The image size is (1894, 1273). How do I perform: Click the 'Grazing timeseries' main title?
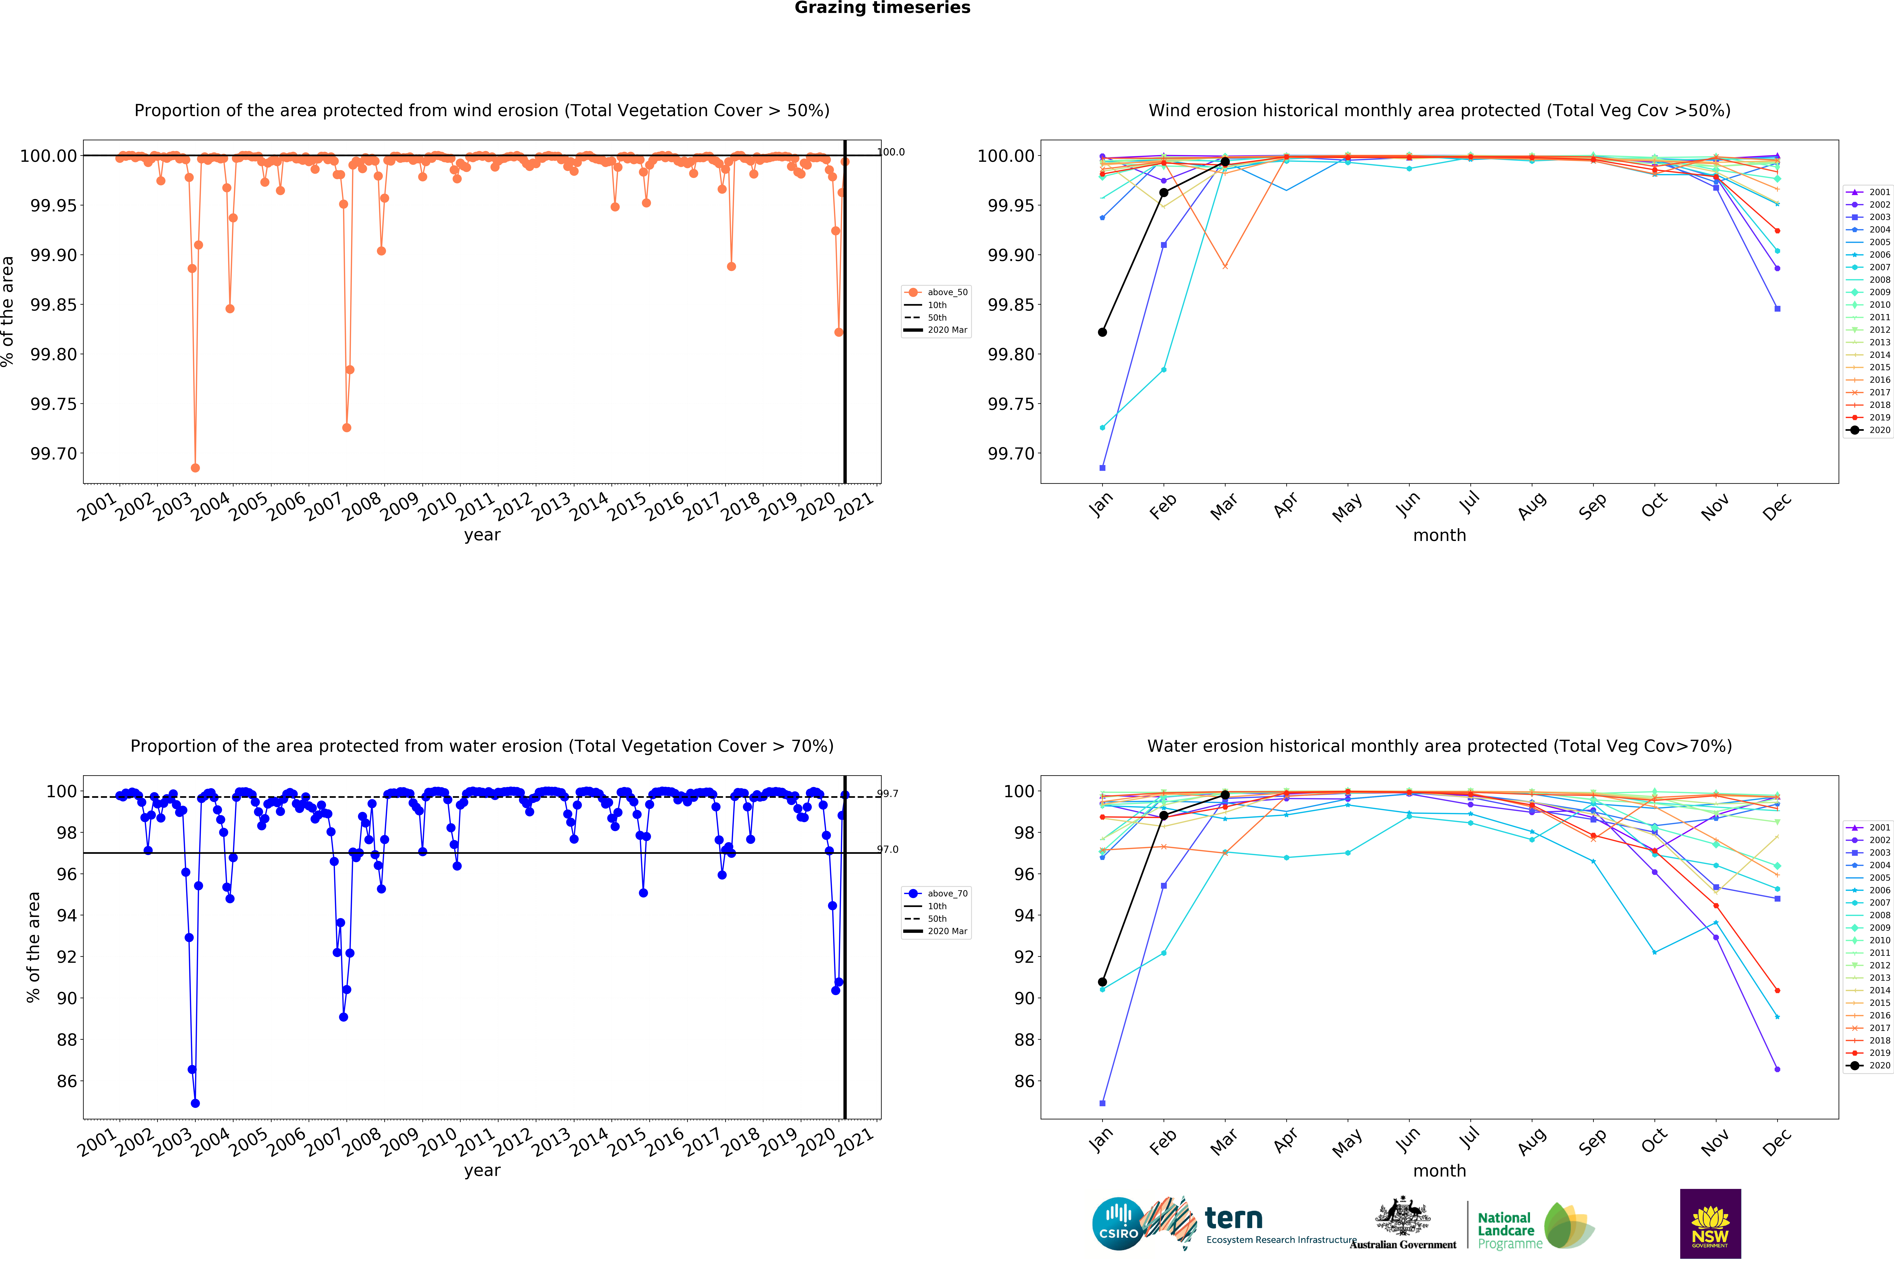click(x=882, y=8)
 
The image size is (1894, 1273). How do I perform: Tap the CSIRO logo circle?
click(x=1118, y=1223)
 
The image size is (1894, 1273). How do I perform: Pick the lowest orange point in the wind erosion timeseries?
click(x=195, y=468)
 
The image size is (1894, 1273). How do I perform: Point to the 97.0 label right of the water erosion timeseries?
click(x=887, y=849)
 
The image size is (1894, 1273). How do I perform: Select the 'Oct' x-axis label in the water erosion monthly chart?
click(x=1654, y=1141)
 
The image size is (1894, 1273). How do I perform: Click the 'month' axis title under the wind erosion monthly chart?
click(x=1439, y=535)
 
